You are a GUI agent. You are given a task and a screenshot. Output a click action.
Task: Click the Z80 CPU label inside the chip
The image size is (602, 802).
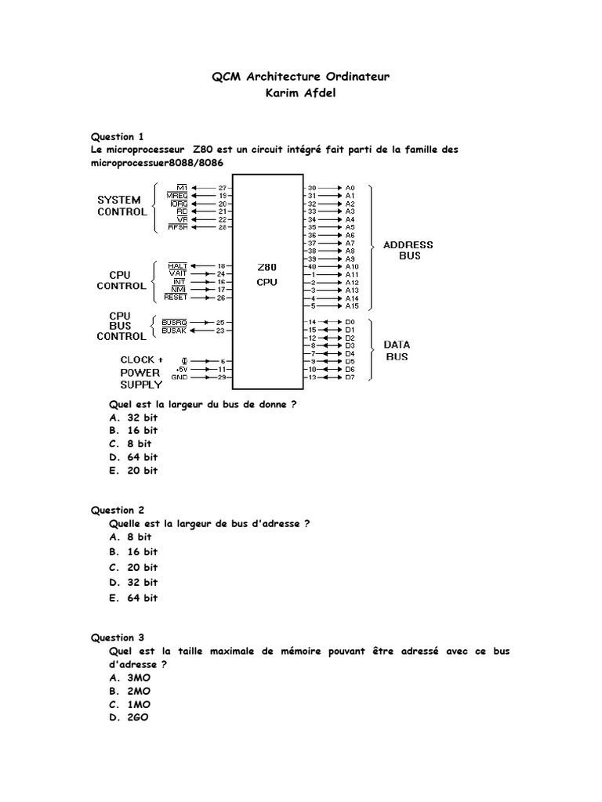coord(267,274)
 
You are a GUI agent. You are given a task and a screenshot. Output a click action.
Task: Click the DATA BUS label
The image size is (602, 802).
coord(397,350)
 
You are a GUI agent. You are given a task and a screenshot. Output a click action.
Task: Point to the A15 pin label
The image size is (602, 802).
coord(351,306)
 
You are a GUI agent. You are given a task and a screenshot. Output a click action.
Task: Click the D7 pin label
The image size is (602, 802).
coord(350,378)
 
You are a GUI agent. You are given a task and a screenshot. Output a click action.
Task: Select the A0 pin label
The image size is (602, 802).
coord(350,188)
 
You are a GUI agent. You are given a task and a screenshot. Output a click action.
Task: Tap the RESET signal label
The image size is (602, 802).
coord(176,298)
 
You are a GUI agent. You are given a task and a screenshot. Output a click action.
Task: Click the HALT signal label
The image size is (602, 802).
coord(178,266)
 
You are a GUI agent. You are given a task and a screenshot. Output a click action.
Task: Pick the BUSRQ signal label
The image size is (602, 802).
coord(173,323)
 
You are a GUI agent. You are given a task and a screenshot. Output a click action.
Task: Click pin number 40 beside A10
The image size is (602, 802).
coord(312,266)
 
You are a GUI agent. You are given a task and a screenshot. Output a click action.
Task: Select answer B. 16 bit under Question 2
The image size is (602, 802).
coord(133,552)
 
